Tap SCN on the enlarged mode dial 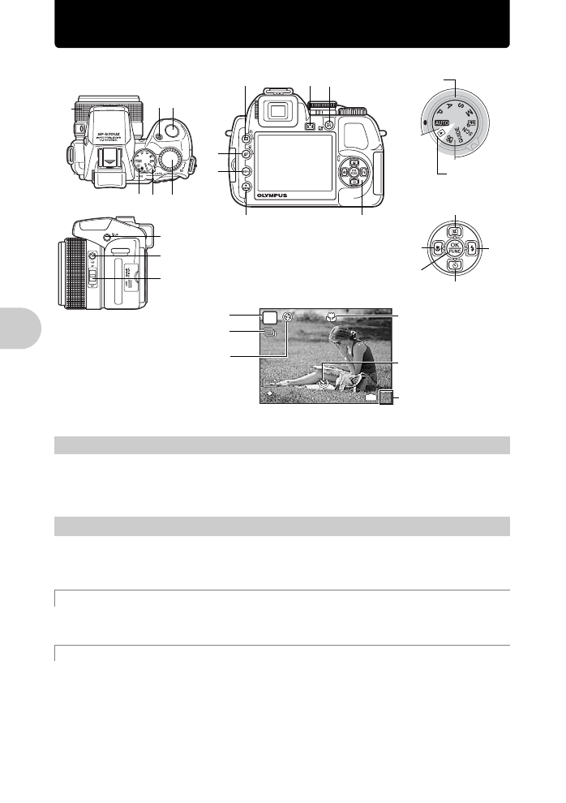473,128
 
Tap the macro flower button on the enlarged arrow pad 438,248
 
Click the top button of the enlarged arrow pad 456,231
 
